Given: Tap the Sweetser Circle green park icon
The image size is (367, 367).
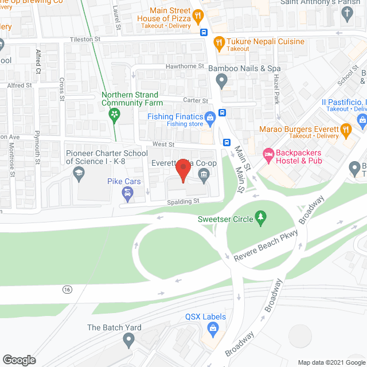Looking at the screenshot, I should click(261, 217).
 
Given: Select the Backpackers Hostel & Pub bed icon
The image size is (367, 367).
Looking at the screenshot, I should click(267, 153).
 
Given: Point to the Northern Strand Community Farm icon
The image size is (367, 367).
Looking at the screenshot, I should click(115, 114).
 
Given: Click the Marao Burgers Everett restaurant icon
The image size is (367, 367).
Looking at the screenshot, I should click(346, 130).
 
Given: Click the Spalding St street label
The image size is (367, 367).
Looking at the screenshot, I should click(183, 201).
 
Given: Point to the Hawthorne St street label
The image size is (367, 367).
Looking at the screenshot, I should click(184, 66).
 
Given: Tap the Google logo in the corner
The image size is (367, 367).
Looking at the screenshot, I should click(19, 360).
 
